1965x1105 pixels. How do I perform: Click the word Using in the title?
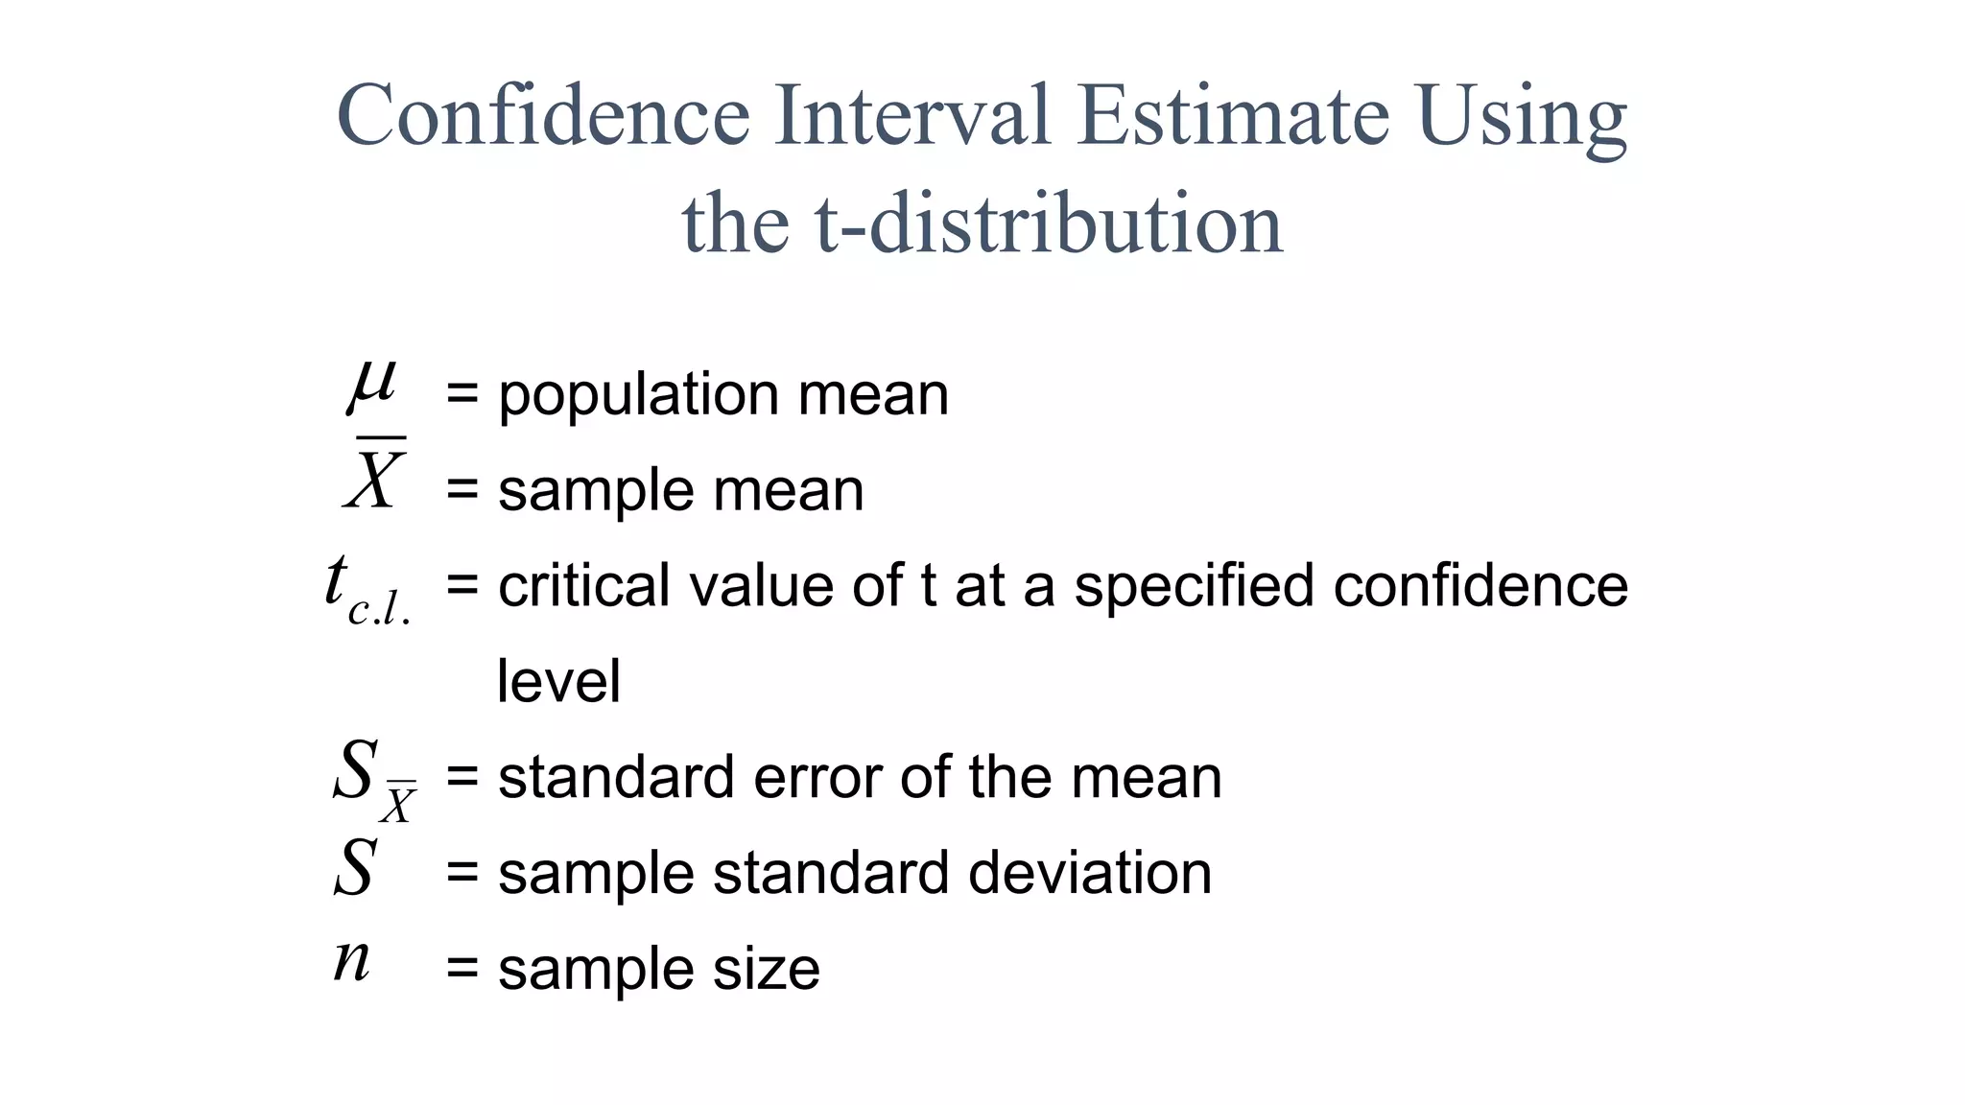1523,117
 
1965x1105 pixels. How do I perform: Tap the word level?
558,681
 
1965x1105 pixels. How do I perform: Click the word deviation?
1090,873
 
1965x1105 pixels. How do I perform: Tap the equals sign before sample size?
462,969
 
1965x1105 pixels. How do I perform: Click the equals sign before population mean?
462,394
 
